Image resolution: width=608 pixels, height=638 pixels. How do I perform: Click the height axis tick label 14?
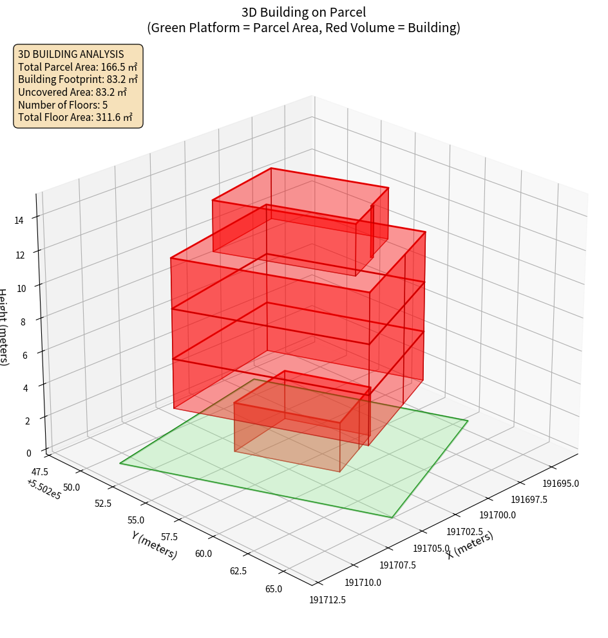pyautogui.click(x=19, y=221)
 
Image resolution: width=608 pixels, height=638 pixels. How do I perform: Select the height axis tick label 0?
pyautogui.click(x=28, y=453)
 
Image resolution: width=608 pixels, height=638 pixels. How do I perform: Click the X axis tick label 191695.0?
pyautogui.click(x=560, y=484)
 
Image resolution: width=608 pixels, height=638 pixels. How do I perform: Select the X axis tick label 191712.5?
pyautogui.click(x=327, y=599)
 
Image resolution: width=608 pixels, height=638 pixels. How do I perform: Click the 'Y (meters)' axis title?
pyautogui.click(x=155, y=545)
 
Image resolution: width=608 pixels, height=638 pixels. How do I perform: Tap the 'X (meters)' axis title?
pyautogui.click(x=470, y=545)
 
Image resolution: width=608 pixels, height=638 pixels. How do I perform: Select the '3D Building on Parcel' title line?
pyautogui.click(x=303, y=12)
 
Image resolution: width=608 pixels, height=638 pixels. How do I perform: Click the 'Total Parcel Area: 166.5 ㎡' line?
pyautogui.click(x=77, y=67)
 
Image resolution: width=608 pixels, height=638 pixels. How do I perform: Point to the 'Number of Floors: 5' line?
pyautogui.click(x=62, y=105)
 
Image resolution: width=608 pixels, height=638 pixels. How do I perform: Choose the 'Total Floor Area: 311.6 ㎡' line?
pyautogui.click(x=75, y=118)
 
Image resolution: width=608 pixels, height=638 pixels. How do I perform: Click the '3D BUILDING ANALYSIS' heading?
pyautogui.click(x=70, y=54)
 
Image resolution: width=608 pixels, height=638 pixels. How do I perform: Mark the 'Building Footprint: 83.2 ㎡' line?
pyautogui.click(x=77, y=80)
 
